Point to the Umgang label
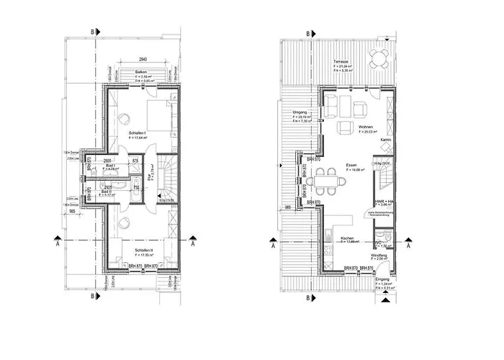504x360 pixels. [301, 112]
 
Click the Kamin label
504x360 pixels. [386, 140]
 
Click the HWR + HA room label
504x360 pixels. [383, 201]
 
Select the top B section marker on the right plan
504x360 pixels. [308, 33]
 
